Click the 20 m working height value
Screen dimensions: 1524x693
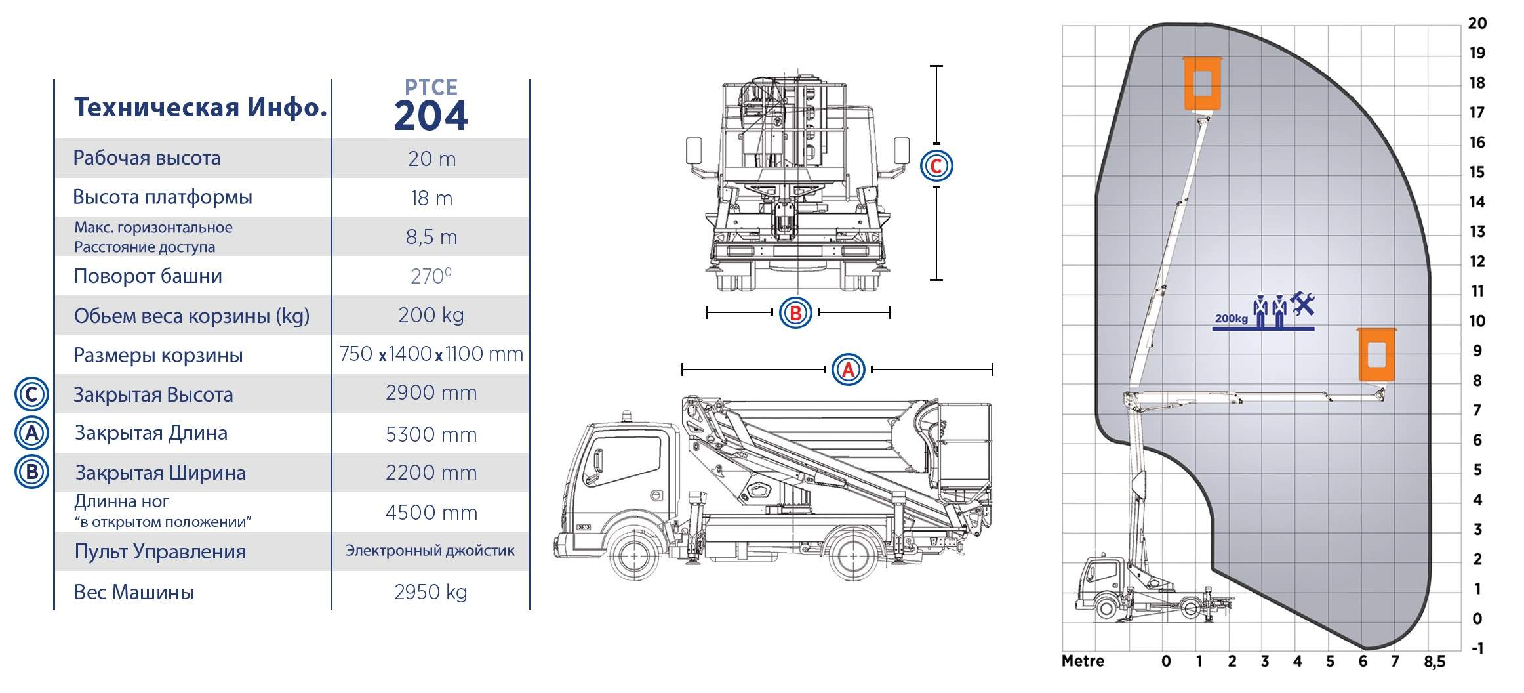431,159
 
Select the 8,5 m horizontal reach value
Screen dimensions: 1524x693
431,237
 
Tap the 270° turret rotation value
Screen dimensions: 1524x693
431,276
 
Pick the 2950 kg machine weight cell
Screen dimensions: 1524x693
431,592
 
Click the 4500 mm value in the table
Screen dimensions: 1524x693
431,513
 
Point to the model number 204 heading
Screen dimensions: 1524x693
431,115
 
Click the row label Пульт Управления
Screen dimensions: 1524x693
160,552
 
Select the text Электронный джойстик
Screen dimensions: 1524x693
430,551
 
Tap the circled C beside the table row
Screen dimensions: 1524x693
31,394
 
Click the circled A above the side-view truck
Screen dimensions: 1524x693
848,369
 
